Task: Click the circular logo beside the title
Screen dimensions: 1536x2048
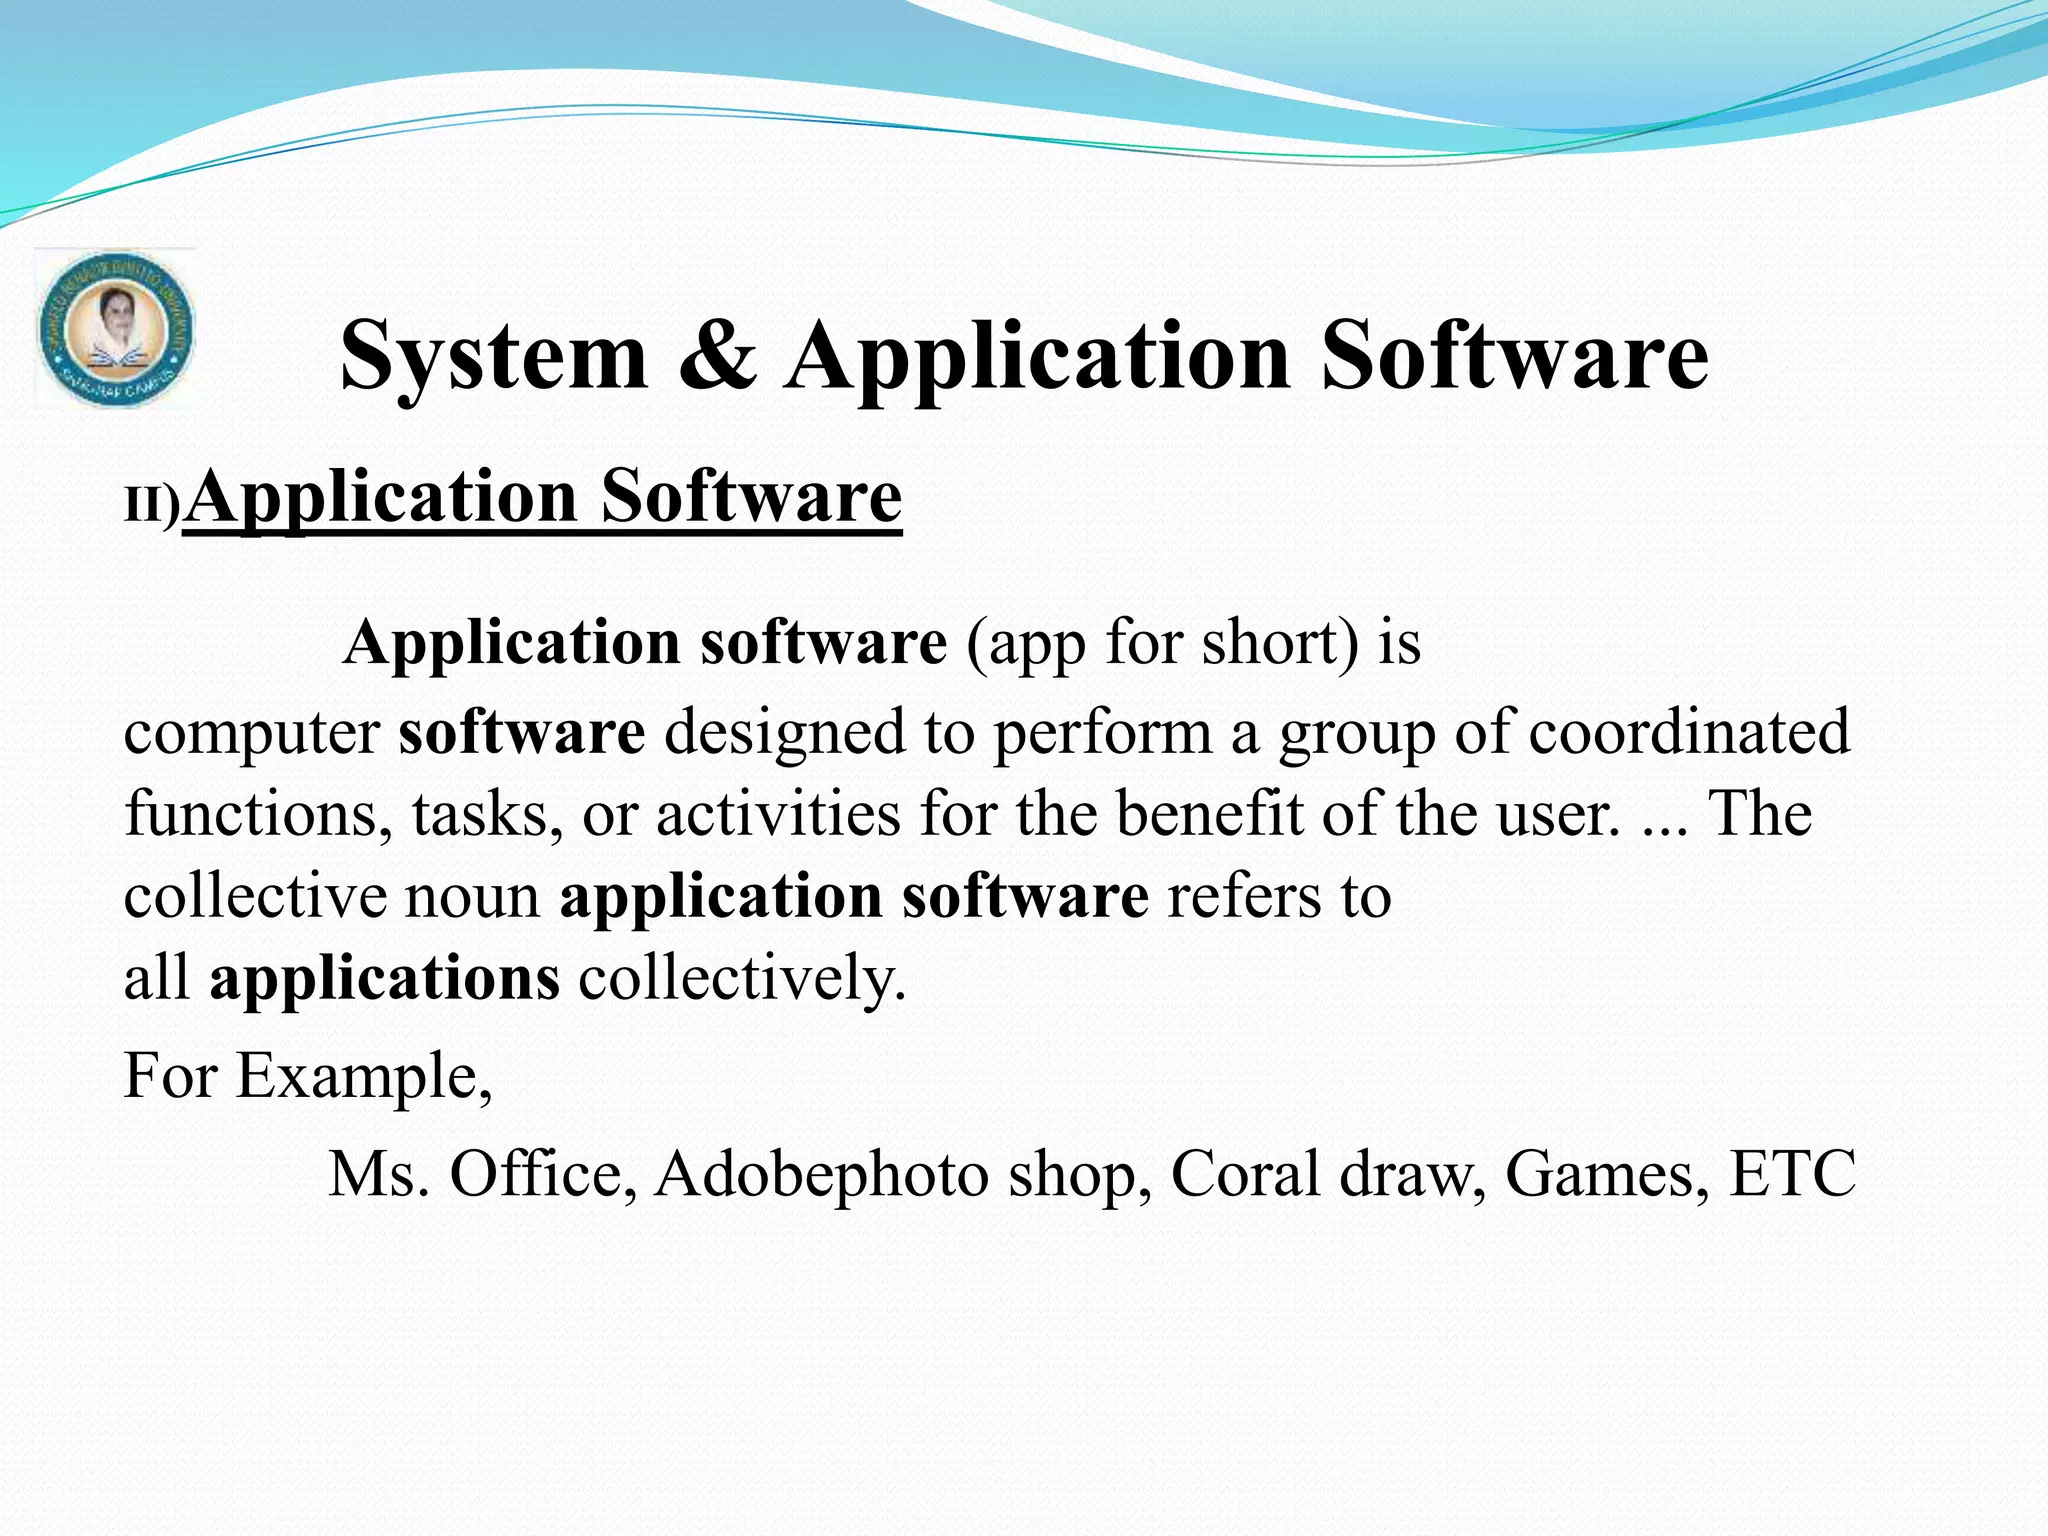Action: (x=115, y=329)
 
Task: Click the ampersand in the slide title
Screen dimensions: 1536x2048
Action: (x=717, y=356)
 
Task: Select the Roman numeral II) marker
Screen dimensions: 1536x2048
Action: (x=152, y=506)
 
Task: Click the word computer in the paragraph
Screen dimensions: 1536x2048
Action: (x=251, y=733)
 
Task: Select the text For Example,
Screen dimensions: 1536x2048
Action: (x=308, y=1077)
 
